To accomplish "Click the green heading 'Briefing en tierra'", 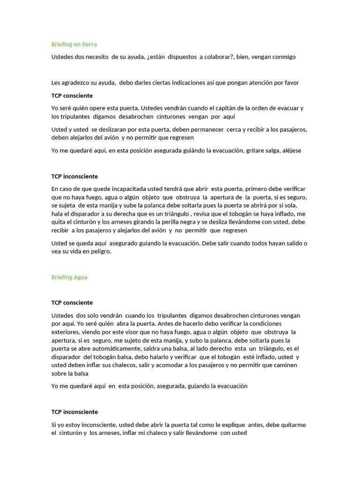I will click(x=74, y=44).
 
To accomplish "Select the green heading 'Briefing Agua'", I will click(x=69, y=277).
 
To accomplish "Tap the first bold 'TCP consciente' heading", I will click(x=72, y=96).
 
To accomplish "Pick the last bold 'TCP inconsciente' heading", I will click(x=75, y=412).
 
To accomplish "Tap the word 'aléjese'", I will click(x=290, y=151).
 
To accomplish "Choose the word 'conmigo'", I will click(x=280, y=57).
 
